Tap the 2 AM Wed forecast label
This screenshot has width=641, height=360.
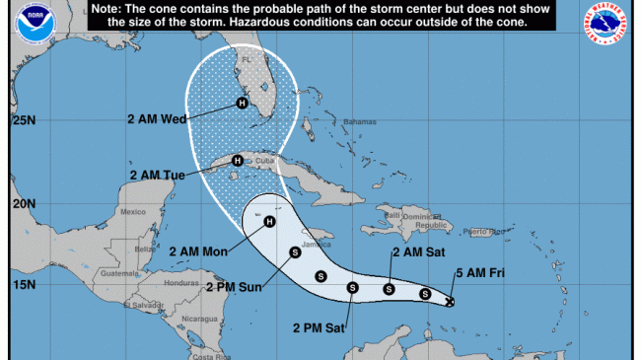pyautogui.click(x=157, y=119)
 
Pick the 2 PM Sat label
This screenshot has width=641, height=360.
pyautogui.click(x=320, y=325)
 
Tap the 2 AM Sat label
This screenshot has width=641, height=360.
pyautogui.click(x=410, y=252)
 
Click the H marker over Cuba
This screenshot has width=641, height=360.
pyautogui.click(x=237, y=161)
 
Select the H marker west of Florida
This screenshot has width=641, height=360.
pyautogui.click(x=241, y=103)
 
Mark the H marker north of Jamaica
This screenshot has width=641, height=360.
pyautogui.click(x=268, y=221)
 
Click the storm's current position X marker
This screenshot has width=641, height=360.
pyautogui.click(x=449, y=302)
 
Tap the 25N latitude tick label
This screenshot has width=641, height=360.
pyautogui.click(x=24, y=121)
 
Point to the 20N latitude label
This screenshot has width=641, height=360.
pyautogui.click(x=24, y=203)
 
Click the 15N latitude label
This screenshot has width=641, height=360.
pyautogui.click(x=24, y=285)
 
